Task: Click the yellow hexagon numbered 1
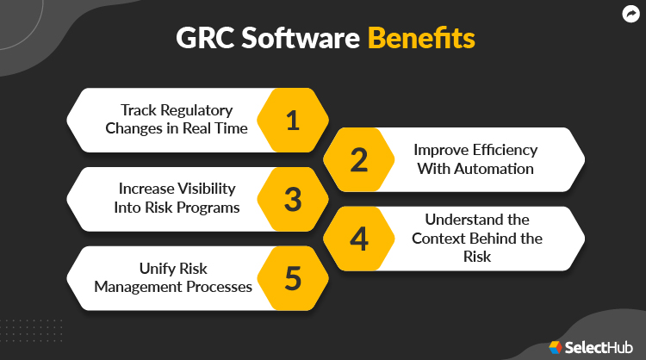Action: [292, 120]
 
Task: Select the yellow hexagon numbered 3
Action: [292, 199]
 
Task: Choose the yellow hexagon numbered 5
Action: [292, 278]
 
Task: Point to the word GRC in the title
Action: [203, 40]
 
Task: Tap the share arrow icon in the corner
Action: [629, 14]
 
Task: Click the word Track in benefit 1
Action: [138, 111]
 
